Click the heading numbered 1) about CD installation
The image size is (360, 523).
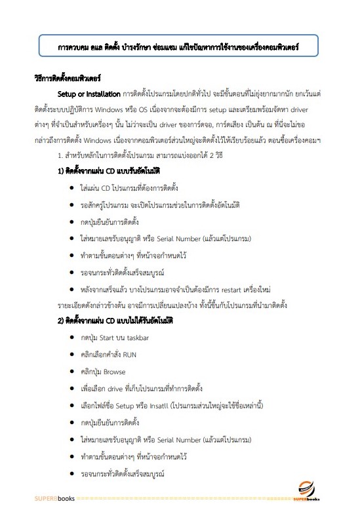pyautogui.click(x=109, y=171)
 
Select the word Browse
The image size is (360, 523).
pyautogui.click(x=114, y=371)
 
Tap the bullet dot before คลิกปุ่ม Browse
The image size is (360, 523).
pyautogui.click(x=71, y=371)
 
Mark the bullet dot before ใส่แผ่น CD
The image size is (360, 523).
pyautogui.click(x=71, y=188)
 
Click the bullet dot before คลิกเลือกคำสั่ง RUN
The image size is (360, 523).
pyautogui.click(x=71, y=354)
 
